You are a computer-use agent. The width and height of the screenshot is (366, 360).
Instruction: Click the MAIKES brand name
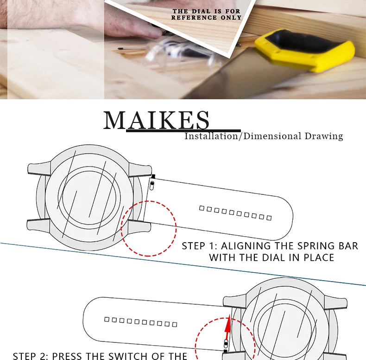coord(157,120)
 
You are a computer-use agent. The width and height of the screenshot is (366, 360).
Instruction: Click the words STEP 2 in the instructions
coord(30,356)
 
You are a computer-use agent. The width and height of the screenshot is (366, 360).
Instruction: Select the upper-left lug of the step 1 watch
coord(38,167)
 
